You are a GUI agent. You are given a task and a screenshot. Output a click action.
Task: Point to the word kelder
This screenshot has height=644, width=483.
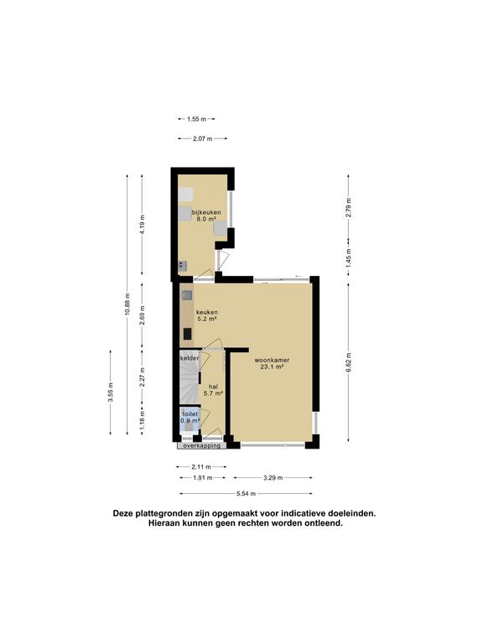pos(190,359)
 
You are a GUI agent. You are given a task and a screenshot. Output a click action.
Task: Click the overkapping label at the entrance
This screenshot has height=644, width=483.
pos(201,446)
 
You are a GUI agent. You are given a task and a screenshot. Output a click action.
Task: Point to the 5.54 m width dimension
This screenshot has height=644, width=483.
pos(246,493)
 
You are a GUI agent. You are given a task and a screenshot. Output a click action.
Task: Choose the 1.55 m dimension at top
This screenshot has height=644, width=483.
pos(197,119)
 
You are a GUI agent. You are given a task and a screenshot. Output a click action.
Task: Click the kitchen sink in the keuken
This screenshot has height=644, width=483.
pos(187,296)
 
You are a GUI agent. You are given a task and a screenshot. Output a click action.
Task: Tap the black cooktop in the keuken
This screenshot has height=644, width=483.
pos(187,334)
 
